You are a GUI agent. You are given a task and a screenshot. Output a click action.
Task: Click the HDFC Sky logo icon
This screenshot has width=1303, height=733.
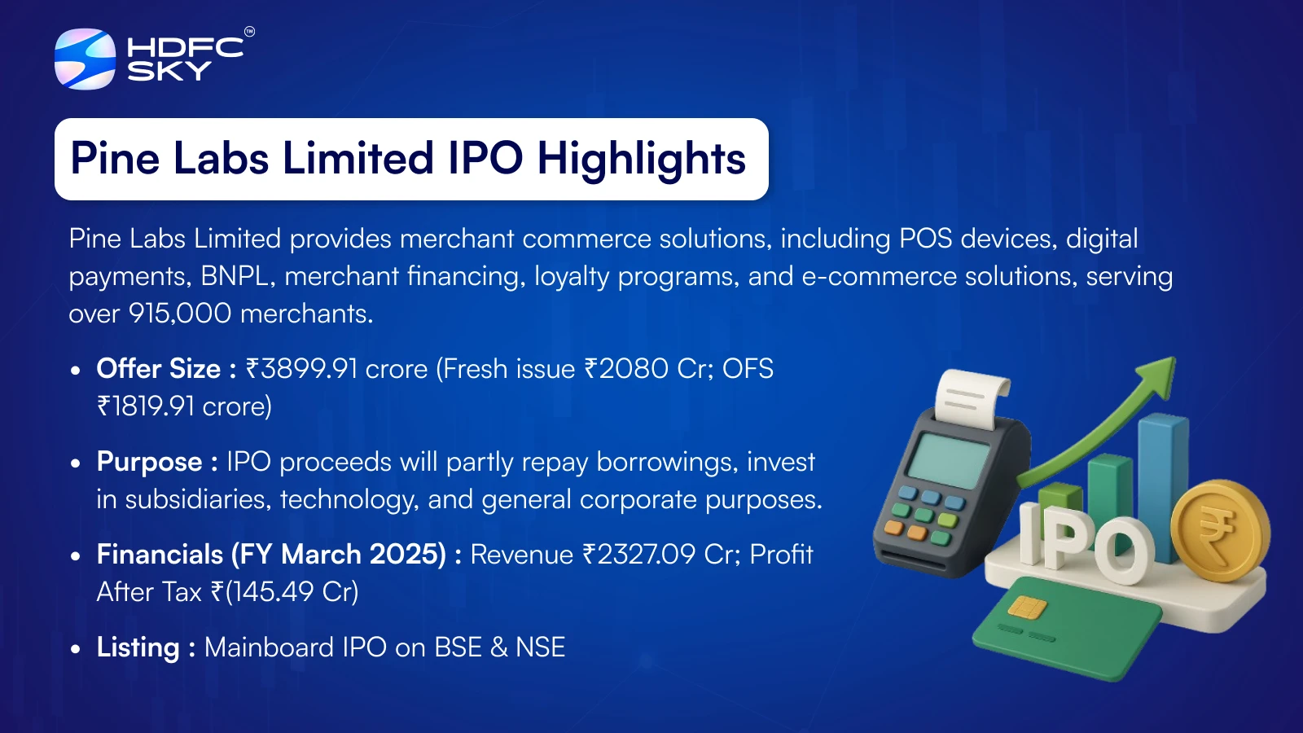click(x=85, y=59)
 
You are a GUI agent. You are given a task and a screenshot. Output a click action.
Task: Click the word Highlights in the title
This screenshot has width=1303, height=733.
click(x=641, y=159)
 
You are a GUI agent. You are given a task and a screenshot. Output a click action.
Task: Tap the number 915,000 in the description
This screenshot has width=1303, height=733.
click(x=180, y=314)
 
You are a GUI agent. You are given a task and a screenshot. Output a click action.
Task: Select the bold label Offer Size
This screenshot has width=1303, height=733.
click(x=158, y=369)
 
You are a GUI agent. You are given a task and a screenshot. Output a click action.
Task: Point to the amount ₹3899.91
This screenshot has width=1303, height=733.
click(x=301, y=369)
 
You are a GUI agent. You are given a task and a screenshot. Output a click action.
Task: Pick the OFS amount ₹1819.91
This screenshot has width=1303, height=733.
click(x=146, y=406)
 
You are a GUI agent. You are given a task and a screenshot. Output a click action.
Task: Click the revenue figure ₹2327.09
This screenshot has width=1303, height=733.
click(x=638, y=555)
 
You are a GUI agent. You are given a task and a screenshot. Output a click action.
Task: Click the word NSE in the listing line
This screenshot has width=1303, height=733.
click(x=540, y=647)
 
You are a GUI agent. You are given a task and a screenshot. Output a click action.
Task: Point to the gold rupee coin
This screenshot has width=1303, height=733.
click(x=1220, y=530)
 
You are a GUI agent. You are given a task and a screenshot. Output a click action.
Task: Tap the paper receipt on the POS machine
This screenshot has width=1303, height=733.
click(x=972, y=400)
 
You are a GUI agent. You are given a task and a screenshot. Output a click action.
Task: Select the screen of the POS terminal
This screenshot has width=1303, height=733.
click(x=948, y=461)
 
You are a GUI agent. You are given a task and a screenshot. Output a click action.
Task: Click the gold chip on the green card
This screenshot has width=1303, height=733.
click(x=1027, y=608)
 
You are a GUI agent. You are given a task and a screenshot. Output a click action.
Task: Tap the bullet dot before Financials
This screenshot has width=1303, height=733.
click(x=75, y=555)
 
